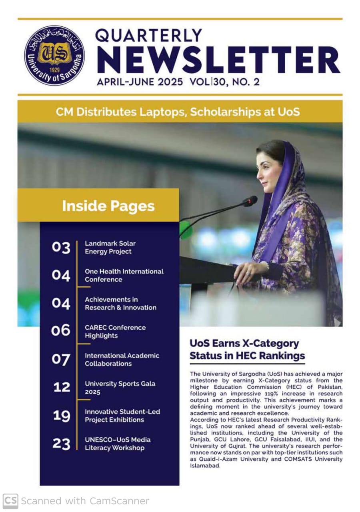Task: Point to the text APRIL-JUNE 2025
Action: click(x=140, y=82)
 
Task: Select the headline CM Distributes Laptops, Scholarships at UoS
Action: click(x=178, y=112)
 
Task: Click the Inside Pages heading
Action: click(x=108, y=206)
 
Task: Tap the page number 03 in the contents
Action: click(x=61, y=248)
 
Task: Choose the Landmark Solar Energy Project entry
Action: click(x=110, y=248)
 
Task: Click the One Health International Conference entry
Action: click(x=124, y=275)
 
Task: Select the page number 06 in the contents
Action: click(x=60, y=331)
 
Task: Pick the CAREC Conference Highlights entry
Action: click(x=115, y=331)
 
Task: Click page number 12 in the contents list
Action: click(x=61, y=387)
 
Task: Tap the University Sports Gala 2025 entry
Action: click(x=120, y=387)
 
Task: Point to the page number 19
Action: click(x=61, y=416)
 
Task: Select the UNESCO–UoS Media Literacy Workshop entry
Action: click(x=118, y=444)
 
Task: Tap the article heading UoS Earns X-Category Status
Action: click(x=247, y=349)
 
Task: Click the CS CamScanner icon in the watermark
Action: click(x=11, y=501)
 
